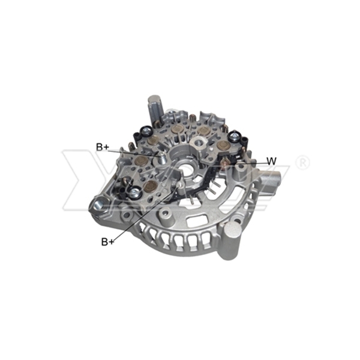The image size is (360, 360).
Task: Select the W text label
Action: [x=272, y=161]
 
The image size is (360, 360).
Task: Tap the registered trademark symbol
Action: [x=303, y=163]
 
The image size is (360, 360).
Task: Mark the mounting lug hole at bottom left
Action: [x=97, y=208]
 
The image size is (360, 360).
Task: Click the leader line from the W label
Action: [x=246, y=162]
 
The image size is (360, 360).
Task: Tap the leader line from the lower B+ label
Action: [x=144, y=216]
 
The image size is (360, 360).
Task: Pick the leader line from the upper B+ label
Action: [x=135, y=151]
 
